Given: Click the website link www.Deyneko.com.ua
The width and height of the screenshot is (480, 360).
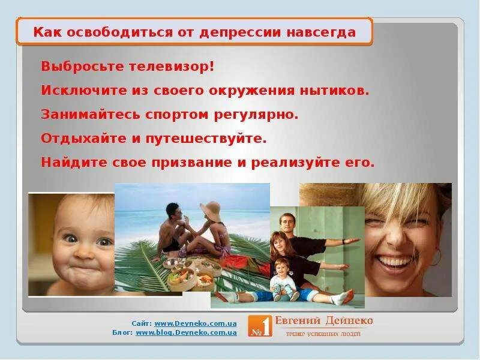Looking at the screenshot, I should coord(196,323).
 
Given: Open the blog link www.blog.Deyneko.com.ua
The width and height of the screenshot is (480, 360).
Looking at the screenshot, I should coord(186,332).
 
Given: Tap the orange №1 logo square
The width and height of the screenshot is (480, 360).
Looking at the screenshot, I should coord(260,326).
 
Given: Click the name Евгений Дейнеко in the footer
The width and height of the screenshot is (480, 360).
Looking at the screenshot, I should coord(324,320).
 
